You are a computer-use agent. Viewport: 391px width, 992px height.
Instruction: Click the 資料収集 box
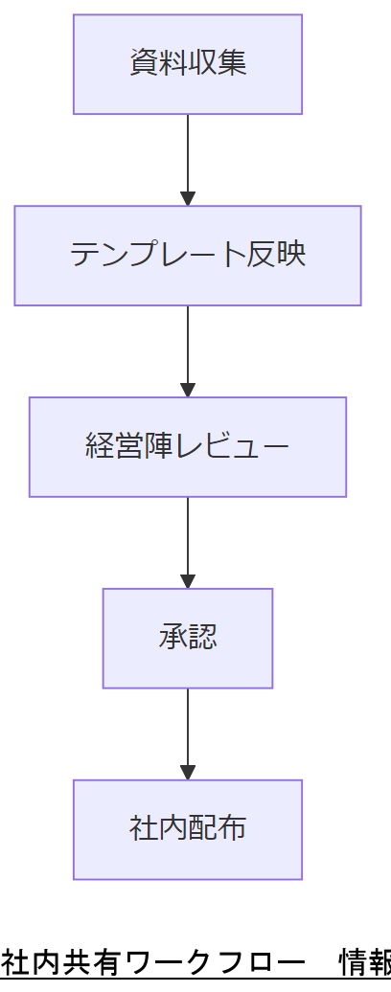[x=188, y=64]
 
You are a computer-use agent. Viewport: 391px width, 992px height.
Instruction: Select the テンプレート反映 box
[x=188, y=256]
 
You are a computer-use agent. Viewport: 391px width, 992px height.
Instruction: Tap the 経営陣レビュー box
[x=188, y=447]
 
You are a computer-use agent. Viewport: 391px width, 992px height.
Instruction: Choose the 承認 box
[x=188, y=639]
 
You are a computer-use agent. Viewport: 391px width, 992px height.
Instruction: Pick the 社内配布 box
[x=188, y=830]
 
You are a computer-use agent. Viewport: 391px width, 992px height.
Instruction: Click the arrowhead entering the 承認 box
[x=188, y=581]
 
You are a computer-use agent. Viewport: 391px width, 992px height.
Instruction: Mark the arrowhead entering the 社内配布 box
[x=188, y=773]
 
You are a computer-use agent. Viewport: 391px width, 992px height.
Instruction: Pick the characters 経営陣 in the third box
[x=129, y=446]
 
